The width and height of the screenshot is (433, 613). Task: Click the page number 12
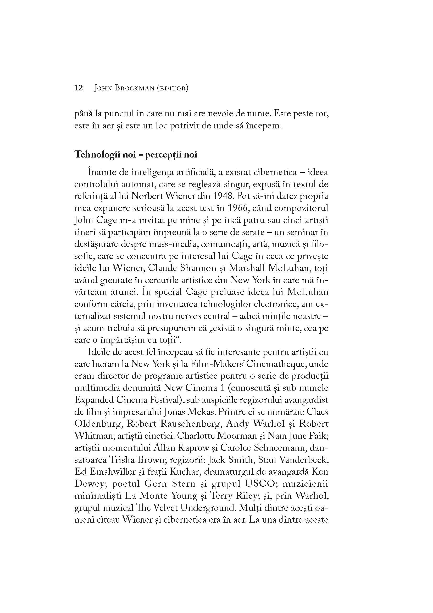79,88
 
